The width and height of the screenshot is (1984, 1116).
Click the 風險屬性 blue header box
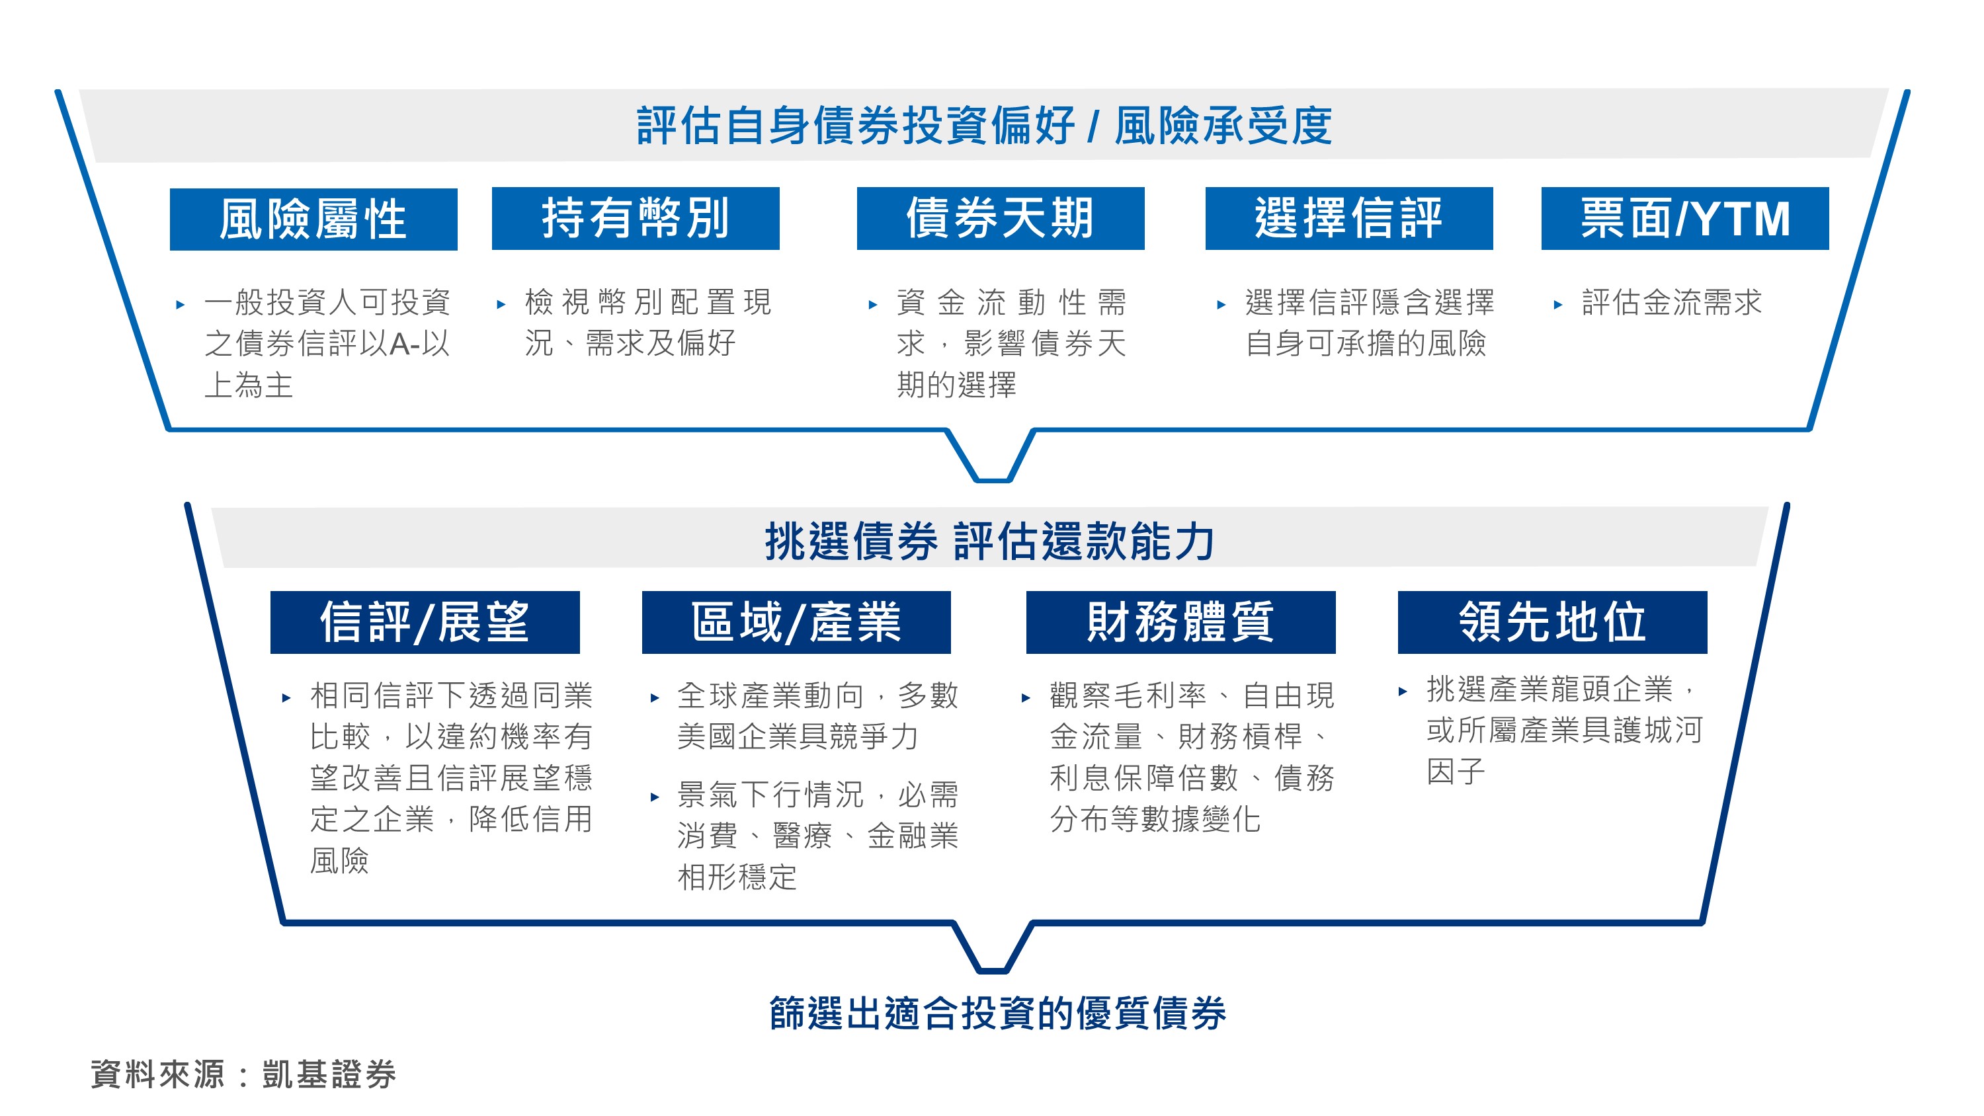(313, 219)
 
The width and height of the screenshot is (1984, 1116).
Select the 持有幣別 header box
(636, 218)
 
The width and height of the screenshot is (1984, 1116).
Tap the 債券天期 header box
(1001, 218)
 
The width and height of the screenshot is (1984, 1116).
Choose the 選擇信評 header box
(1348, 218)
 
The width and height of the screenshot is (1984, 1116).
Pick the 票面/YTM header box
(1684, 218)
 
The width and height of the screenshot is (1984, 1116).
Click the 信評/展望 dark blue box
(425, 622)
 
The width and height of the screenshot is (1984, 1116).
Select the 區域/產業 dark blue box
(796, 622)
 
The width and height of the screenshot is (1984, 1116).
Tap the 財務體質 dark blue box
(1180, 622)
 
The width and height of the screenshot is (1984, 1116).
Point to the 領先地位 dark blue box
(1552, 622)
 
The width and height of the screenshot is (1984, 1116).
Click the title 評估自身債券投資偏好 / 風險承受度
(984, 126)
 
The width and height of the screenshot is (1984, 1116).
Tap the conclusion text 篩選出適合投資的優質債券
(998, 1013)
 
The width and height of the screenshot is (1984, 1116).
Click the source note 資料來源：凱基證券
(243, 1074)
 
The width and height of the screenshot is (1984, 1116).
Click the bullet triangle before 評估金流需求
(1557, 305)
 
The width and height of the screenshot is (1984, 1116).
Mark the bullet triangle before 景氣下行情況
(655, 797)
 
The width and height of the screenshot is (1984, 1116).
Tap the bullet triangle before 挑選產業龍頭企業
(1403, 692)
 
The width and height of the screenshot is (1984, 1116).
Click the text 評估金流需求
(1672, 302)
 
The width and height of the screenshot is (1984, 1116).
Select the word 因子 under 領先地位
(1456, 771)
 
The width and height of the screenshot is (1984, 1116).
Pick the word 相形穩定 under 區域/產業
(737, 877)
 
